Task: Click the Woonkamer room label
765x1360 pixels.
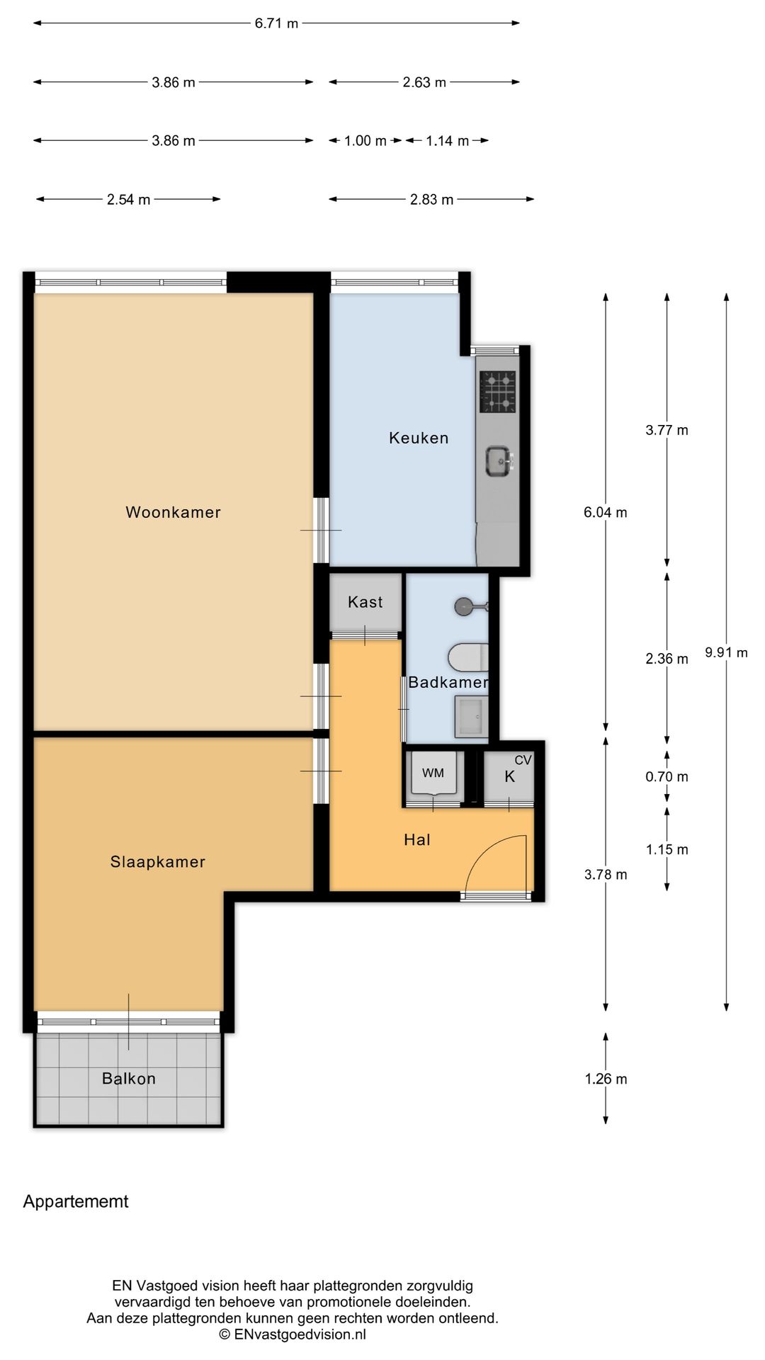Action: pos(173,512)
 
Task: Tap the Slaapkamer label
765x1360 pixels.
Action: pos(157,862)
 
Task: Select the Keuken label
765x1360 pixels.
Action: pos(419,438)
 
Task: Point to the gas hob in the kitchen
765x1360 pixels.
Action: pos(497,391)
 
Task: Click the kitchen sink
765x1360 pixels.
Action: pos(499,461)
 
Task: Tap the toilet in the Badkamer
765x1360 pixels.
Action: pos(468,657)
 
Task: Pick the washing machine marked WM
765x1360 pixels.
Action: pos(433,773)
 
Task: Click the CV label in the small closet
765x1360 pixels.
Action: pos(523,760)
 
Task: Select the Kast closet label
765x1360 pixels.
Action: pos(365,602)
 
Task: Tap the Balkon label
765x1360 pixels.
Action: pos(129,1079)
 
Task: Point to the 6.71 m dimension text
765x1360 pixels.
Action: pos(276,23)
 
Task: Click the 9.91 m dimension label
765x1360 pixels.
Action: pos(726,652)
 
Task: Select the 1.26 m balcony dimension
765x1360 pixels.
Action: pos(606,1079)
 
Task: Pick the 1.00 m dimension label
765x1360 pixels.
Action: pos(365,141)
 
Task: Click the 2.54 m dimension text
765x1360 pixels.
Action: pos(128,200)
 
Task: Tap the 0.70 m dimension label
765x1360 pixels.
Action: pos(667,777)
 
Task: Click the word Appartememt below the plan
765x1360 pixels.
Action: pos(76,1202)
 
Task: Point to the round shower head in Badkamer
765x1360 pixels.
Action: pos(464,606)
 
